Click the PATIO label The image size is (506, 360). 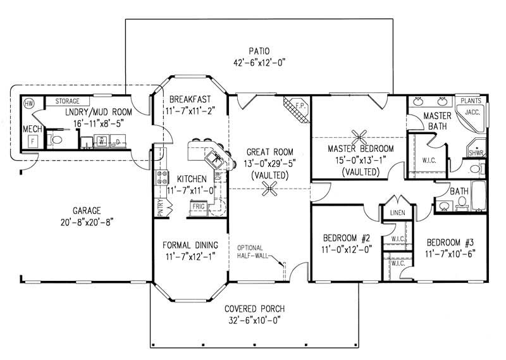click(x=259, y=51)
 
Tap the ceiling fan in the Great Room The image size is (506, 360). click(x=271, y=188)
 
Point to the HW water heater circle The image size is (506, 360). click(x=28, y=103)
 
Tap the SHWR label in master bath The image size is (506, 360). click(x=476, y=153)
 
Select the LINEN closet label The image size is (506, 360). click(x=397, y=213)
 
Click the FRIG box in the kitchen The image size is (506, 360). click(x=199, y=207)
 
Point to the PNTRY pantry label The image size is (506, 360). click(x=160, y=208)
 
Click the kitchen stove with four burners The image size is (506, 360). click(x=161, y=178)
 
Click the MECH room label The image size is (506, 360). click(x=32, y=129)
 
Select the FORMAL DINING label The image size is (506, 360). click(x=190, y=245)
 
